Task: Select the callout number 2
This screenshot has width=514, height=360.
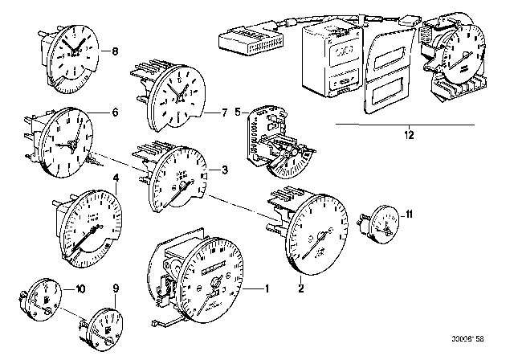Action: pyautogui.click(x=301, y=284)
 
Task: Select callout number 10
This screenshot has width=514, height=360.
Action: pyautogui.click(x=80, y=287)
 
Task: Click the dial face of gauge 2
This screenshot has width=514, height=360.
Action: pyautogui.click(x=319, y=238)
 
